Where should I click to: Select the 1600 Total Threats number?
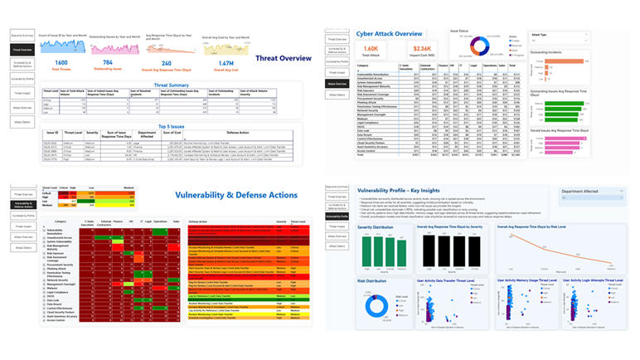(61, 63)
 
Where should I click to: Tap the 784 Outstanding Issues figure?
(109, 63)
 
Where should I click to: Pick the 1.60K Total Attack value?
(371, 50)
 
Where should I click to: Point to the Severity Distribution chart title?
(377, 226)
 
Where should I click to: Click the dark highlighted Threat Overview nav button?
(22, 50)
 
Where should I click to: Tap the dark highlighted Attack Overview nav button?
(337, 84)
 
